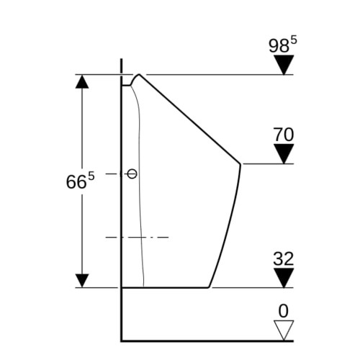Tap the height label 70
[284, 135]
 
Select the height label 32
[284, 258]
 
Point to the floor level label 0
[284, 311]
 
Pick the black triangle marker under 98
[284, 65]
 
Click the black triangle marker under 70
[284, 154]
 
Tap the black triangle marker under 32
[284, 278]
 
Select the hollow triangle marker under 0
[284, 330]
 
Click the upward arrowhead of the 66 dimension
[82, 81]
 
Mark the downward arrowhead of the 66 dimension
[82, 281]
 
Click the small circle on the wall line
[132, 174]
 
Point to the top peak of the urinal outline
[139, 75]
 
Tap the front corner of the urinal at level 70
[240, 164]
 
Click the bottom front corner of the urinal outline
[209, 287]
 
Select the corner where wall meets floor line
[122, 341]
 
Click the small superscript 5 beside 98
[294, 40]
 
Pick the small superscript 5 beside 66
[91, 176]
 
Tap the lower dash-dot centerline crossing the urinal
[138, 238]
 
